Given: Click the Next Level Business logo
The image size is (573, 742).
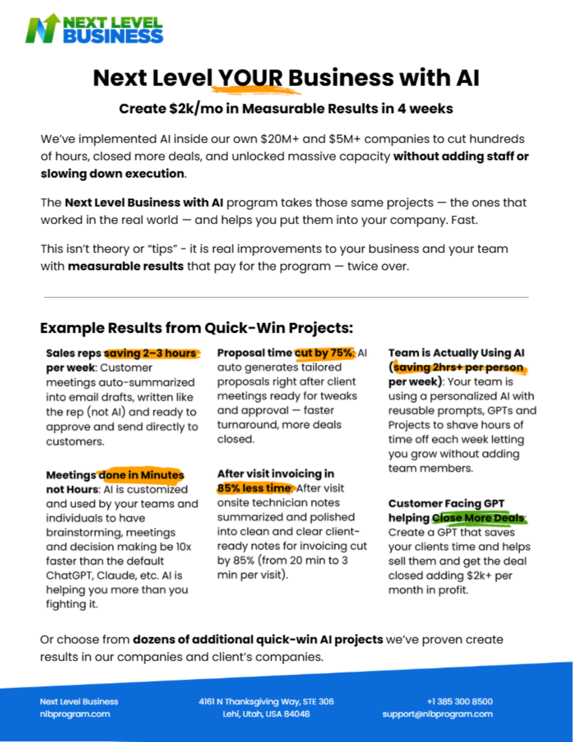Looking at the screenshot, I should (x=94, y=29).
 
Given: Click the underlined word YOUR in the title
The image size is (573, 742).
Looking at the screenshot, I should (x=250, y=78).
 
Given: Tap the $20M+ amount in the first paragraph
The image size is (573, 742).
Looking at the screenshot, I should (x=279, y=139).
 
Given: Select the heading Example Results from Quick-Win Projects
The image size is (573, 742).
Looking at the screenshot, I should (x=196, y=328).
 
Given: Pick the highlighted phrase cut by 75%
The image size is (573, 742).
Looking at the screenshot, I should (x=324, y=353).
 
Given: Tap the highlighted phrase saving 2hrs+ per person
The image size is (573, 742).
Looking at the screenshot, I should (x=458, y=367).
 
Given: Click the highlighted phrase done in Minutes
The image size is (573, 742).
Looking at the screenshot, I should (x=141, y=475).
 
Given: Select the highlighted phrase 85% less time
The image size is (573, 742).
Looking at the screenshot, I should (x=255, y=488).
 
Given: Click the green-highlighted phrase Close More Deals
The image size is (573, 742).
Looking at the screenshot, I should (x=478, y=518).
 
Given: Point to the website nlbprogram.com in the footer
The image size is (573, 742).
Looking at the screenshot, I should (x=75, y=714).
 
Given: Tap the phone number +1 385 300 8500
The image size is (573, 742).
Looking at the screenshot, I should (x=460, y=701).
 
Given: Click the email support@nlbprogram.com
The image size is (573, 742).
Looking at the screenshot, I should (x=437, y=714).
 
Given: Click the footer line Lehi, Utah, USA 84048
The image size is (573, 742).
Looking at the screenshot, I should (x=266, y=714).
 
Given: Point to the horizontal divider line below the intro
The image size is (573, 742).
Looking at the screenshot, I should (x=286, y=297).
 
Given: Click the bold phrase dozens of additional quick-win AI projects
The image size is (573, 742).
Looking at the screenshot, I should (x=258, y=639).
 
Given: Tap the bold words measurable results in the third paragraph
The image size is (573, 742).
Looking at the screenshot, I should (x=126, y=266).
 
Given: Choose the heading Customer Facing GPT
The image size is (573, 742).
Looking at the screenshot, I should (x=446, y=503).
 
